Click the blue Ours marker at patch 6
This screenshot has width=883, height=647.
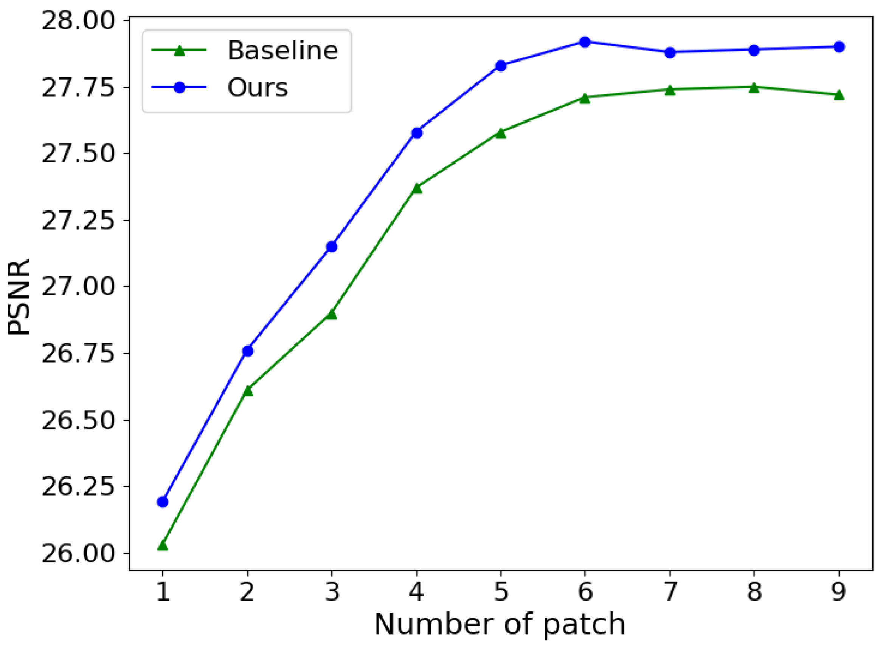tap(585, 42)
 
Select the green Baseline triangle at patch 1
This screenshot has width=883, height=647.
tap(163, 545)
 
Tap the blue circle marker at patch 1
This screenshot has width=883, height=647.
tap(163, 502)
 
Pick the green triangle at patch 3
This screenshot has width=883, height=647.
tap(332, 314)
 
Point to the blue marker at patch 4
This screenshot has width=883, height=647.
tap(417, 133)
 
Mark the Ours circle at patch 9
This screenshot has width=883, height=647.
tap(839, 47)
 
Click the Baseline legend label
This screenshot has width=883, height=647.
tap(282, 51)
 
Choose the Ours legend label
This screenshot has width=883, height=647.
tap(257, 87)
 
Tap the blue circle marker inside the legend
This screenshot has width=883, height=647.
tap(179, 87)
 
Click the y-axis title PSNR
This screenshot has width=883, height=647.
tap(19, 296)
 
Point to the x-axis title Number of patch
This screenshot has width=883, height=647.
tap(500, 624)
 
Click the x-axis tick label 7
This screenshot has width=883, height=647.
tap(670, 591)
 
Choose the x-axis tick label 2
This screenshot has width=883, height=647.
tap(247, 591)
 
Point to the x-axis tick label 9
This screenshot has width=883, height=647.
tap(839, 591)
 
